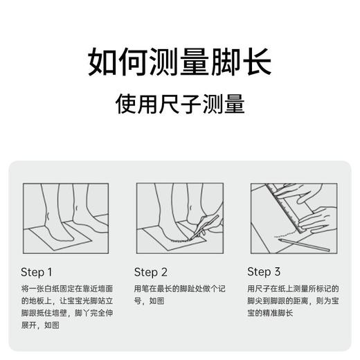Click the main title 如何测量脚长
point(179,62)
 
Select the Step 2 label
point(151,271)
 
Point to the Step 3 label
point(264,271)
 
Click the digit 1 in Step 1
point(50,271)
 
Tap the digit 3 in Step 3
point(277,271)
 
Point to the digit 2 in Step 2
point(163,271)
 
